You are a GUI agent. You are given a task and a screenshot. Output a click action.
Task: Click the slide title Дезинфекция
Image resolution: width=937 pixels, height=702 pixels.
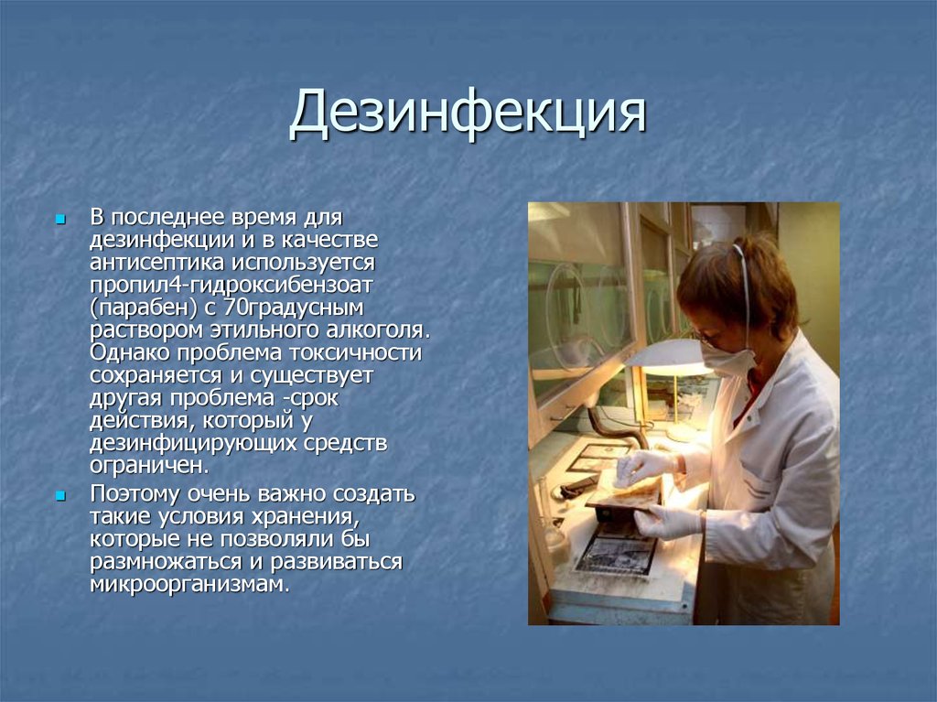tap(468, 114)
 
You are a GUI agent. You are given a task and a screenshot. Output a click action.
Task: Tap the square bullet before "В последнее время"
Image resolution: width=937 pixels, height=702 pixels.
tap(60, 221)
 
